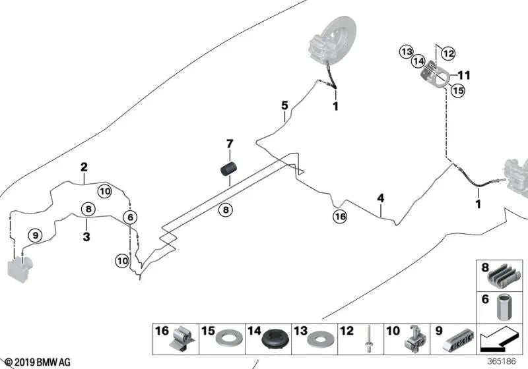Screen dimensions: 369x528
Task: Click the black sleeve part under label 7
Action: coord(228,171)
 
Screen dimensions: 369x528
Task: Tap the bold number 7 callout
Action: coord(230,144)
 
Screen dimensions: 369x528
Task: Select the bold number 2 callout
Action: coord(84,166)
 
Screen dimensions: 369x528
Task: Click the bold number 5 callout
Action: coord(284,105)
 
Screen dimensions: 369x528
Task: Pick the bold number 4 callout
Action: coord(380,198)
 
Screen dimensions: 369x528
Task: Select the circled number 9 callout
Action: coord(35,234)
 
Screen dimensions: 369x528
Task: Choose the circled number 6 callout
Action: coord(130,217)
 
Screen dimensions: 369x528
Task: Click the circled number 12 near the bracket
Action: coord(448,53)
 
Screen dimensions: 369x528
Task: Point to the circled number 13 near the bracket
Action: coord(406,51)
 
